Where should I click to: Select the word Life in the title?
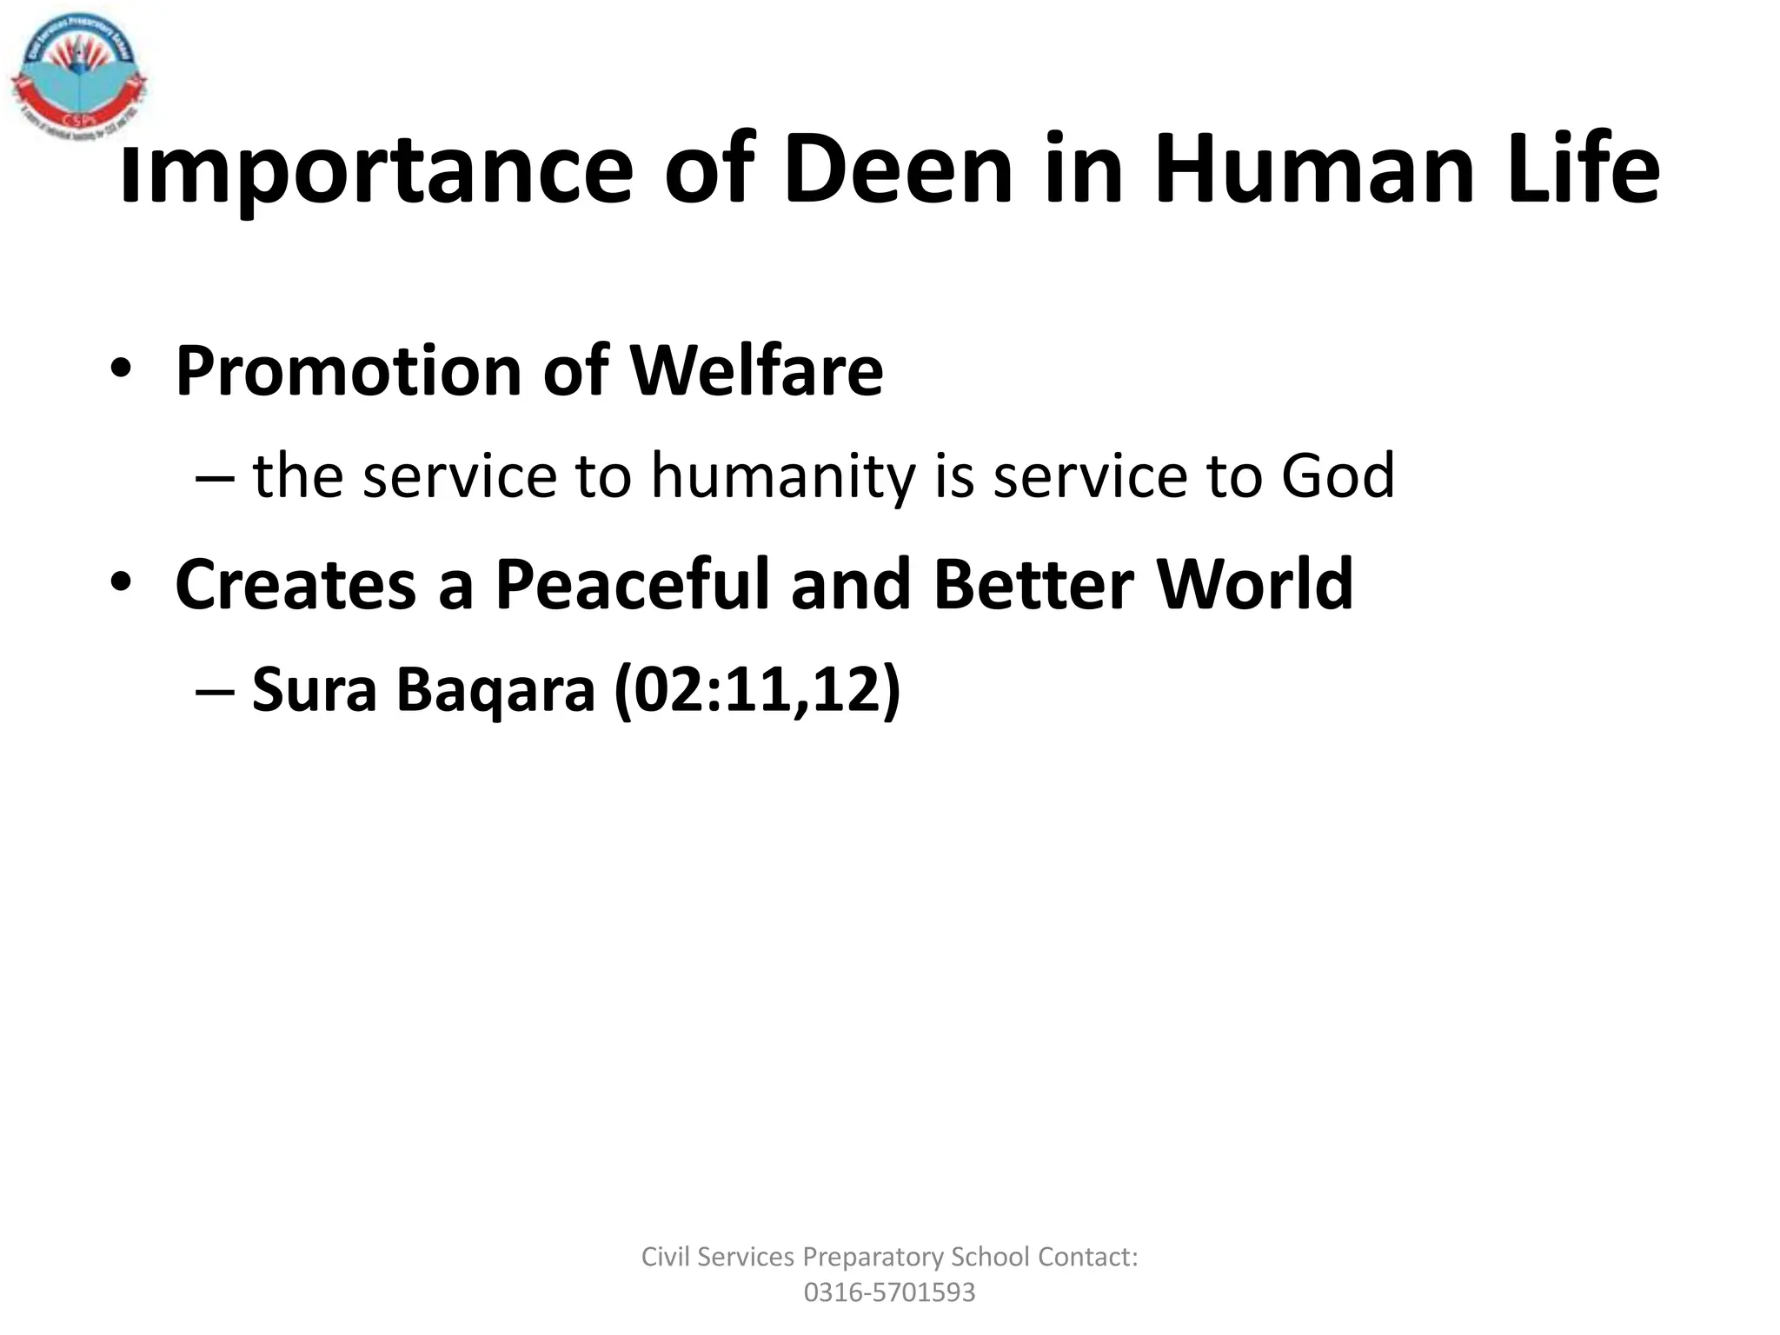(1582, 169)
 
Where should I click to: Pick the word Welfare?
(755, 370)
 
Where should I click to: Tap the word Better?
(1033, 584)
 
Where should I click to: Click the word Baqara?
(495, 690)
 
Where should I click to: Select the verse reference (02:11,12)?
(756, 690)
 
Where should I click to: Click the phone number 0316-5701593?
(889, 1292)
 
